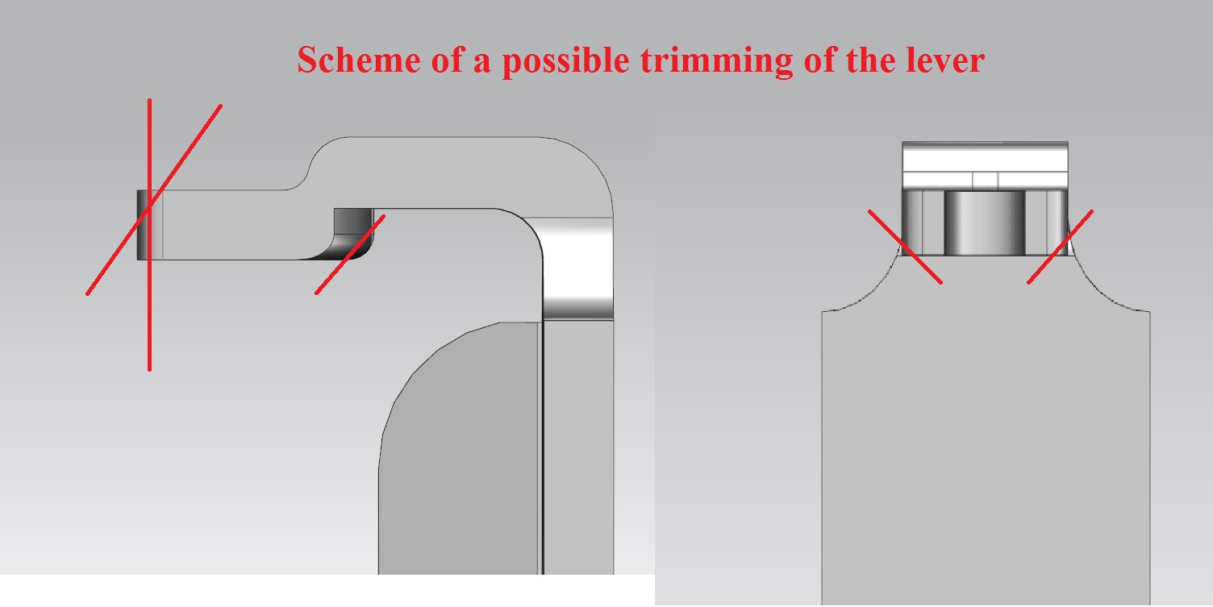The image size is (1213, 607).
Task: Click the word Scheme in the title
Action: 359,60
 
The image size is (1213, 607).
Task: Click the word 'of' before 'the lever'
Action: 820,60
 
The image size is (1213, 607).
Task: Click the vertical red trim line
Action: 149,235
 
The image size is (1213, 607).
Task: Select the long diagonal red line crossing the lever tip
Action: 154,200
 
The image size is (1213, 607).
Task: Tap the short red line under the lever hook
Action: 350,255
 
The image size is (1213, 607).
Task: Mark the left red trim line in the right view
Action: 905,247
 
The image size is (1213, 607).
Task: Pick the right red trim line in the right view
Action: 1061,247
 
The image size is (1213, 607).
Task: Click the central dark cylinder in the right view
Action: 985,222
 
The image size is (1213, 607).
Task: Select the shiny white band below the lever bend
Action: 578,268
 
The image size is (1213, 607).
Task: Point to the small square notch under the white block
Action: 985,181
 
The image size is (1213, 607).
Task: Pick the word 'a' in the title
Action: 482,64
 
